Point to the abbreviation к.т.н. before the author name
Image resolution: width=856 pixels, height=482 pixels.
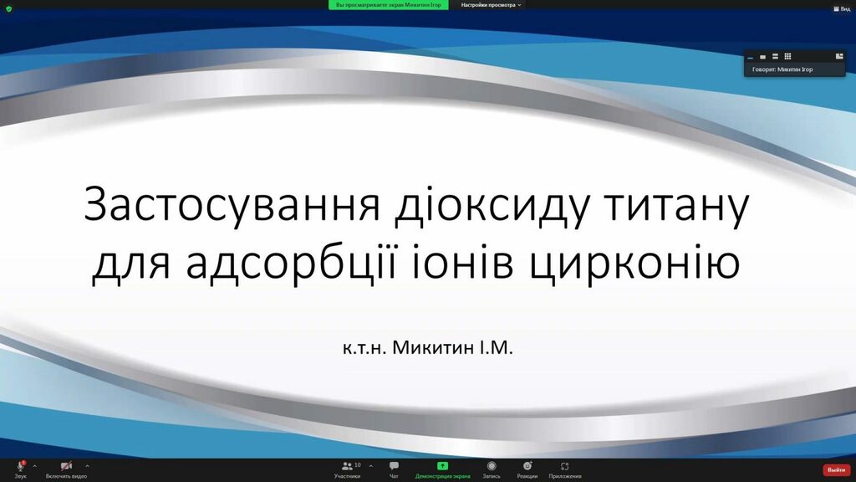364,348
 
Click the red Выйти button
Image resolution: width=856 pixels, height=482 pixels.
836,470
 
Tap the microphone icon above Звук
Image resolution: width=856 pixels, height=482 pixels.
21,465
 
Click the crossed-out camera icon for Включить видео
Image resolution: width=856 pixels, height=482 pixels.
66,466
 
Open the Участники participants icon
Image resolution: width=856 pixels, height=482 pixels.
347,466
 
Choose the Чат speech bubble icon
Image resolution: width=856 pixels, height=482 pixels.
394,465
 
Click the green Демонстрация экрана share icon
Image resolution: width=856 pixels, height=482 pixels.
442,465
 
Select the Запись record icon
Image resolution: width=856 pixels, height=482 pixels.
492,465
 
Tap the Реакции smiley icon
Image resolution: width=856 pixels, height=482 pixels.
527,465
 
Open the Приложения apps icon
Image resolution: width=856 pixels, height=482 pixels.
564,466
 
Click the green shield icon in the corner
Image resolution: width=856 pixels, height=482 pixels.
8,8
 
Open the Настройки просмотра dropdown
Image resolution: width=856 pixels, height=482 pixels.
491,5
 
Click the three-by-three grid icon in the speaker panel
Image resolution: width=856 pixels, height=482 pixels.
787,56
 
